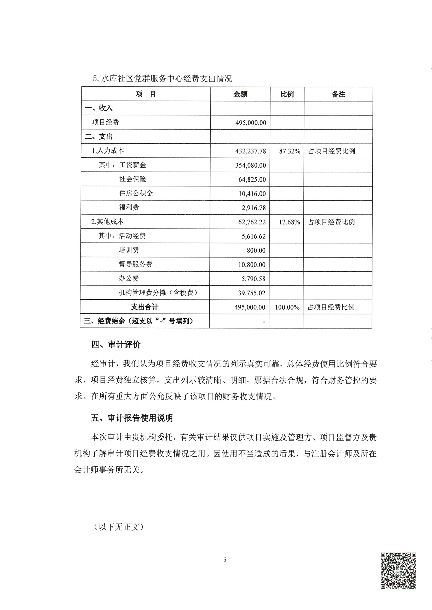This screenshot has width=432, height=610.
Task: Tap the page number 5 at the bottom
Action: [225, 560]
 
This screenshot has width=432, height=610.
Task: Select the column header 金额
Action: [240, 94]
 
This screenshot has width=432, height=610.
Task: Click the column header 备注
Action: [338, 94]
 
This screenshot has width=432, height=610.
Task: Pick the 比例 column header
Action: [287, 94]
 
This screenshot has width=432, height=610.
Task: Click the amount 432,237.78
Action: [251, 151]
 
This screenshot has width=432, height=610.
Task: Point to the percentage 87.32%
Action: [289, 151]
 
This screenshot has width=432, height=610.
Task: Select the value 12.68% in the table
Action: [289, 222]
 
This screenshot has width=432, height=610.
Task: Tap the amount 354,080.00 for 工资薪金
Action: [251, 165]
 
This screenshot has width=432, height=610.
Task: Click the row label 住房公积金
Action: [136, 193]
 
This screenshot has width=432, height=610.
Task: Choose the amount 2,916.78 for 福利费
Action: [254, 208]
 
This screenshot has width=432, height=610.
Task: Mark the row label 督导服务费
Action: [135, 264]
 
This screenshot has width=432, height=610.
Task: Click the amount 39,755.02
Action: [251, 293]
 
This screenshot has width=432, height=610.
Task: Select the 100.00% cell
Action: [287, 307]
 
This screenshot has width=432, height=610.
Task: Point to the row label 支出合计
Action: [145, 307]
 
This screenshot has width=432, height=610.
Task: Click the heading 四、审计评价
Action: [116, 345]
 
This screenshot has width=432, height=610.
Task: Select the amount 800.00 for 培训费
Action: [256, 250]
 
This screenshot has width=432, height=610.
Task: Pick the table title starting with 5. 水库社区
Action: [162, 79]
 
